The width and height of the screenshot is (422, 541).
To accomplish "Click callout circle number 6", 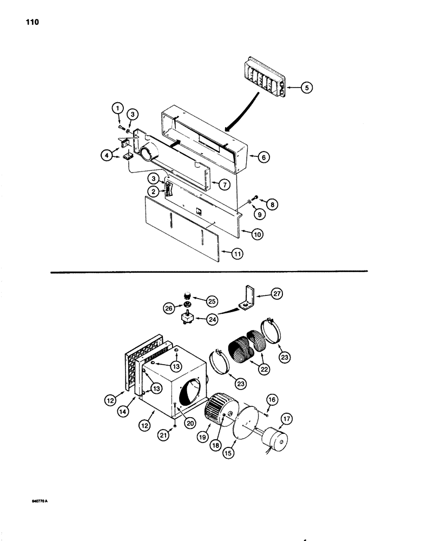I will [x=263, y=157].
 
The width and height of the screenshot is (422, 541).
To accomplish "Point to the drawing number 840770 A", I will [x=40, y=501].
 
